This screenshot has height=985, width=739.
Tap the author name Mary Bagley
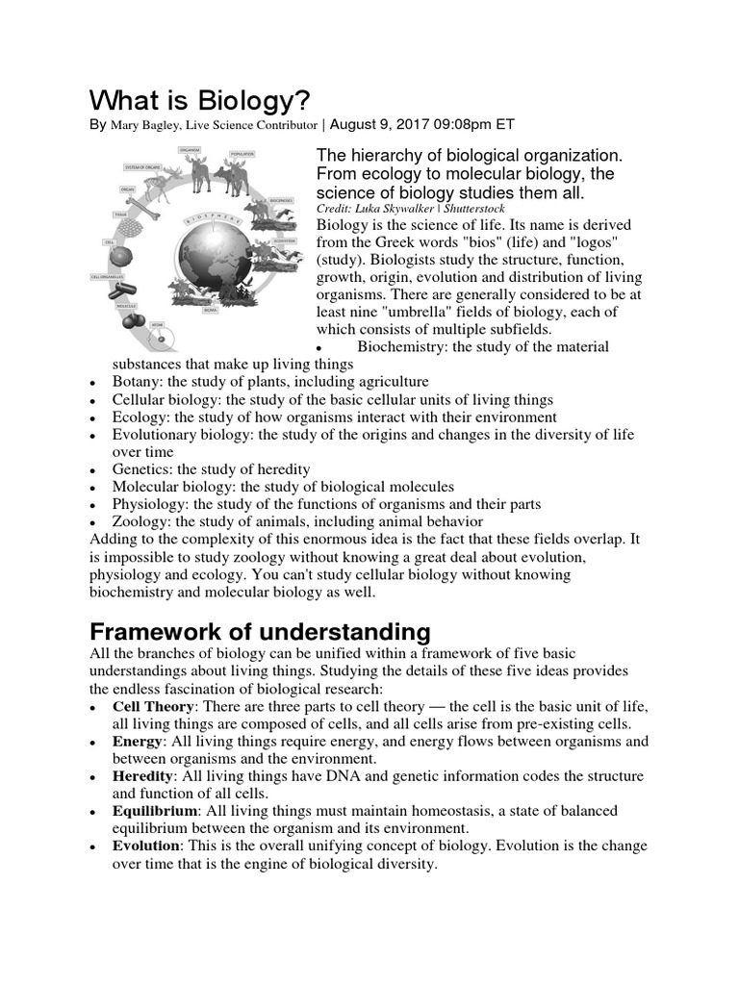[150, 125]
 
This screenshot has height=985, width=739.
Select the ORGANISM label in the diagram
[189, 150]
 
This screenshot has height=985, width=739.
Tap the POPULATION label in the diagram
[242, 154]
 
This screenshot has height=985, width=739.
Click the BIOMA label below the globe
[209, 311]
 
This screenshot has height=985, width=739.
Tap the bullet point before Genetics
[91, 470]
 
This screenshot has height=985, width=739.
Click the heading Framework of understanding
[259, 632]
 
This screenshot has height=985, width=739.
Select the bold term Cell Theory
[153, 706]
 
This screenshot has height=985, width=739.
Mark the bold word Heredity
[143, 775]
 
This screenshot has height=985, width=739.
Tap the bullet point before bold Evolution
[91, 846]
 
